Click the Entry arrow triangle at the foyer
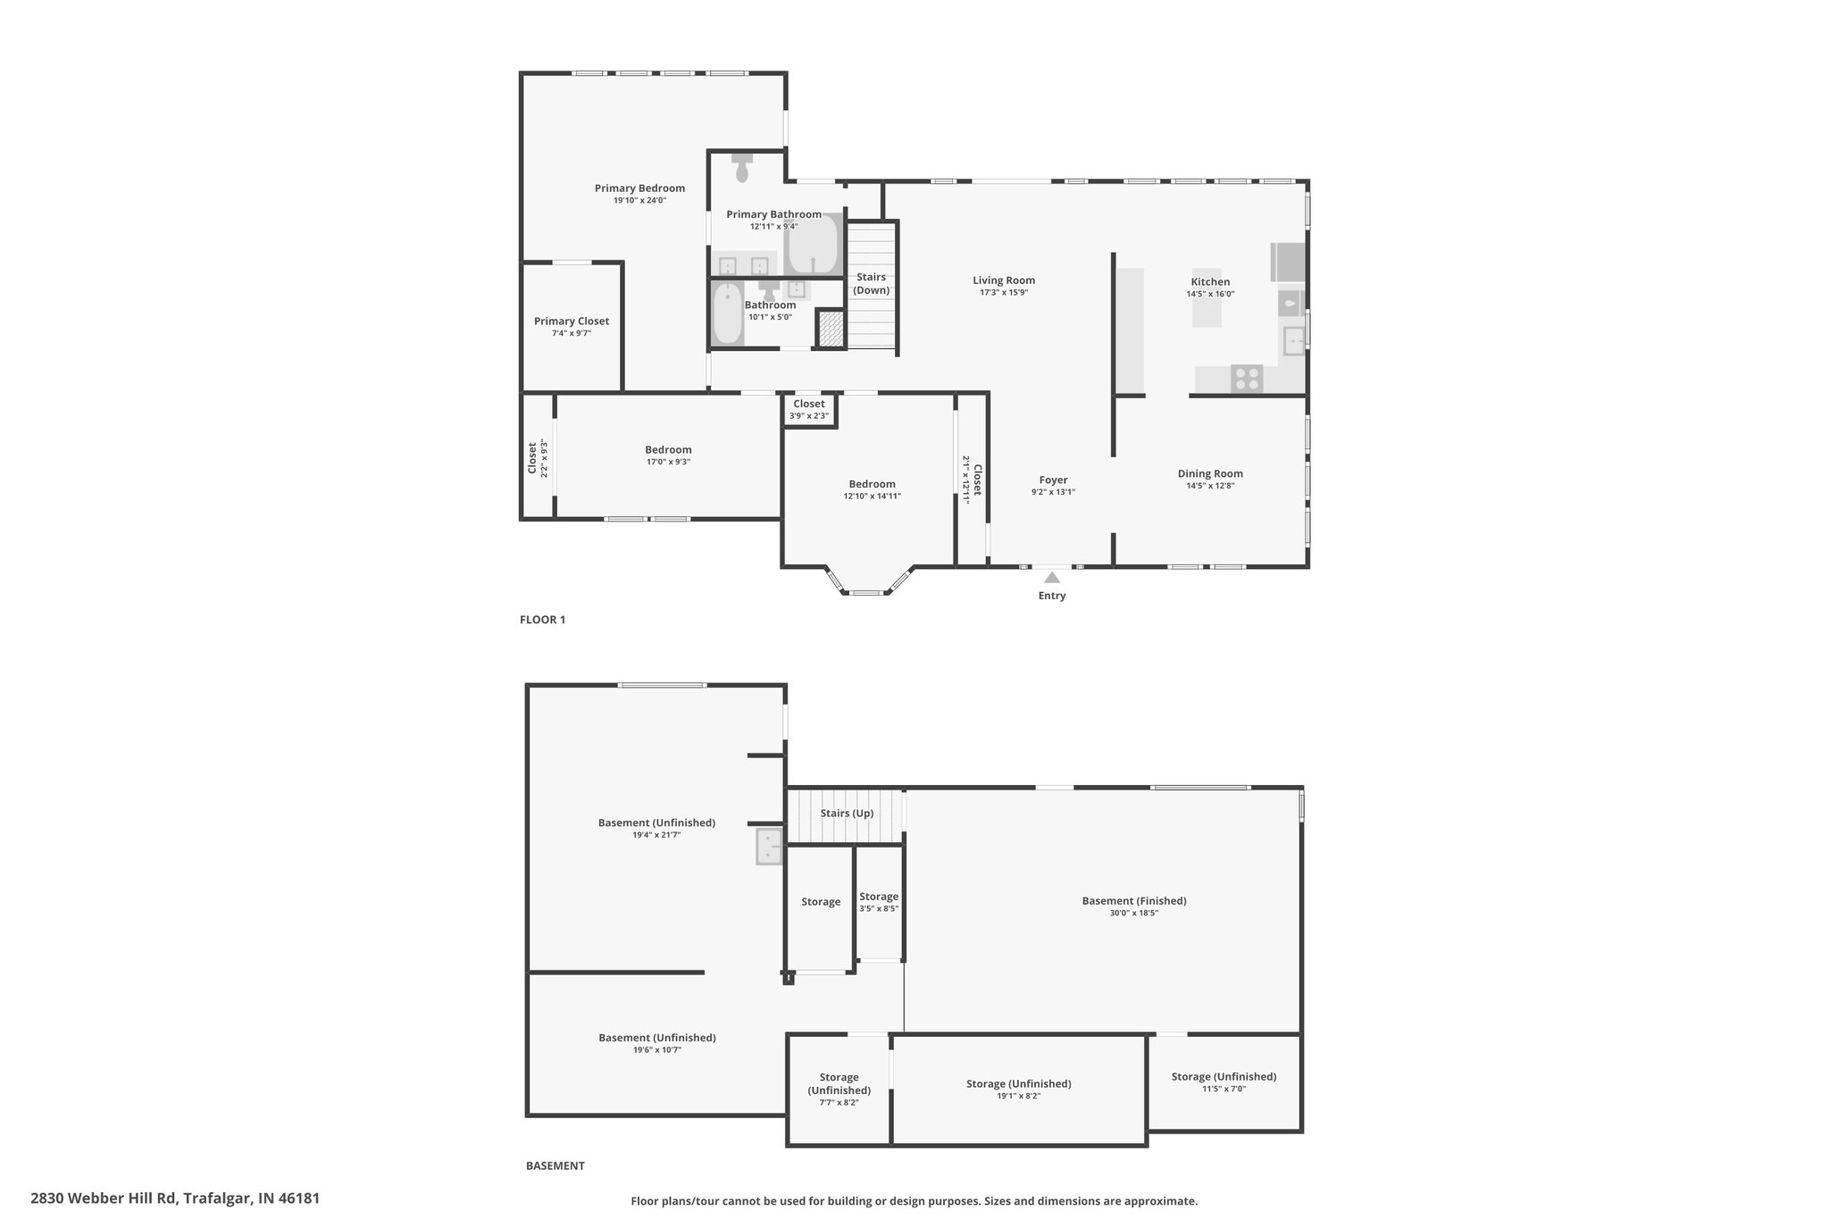(1052, 577)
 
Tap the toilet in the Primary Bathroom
(742, 167)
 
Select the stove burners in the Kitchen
(1247, 380)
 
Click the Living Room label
(1004, 280)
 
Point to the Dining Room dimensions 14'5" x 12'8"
(1210, 486)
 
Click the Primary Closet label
(572, 321)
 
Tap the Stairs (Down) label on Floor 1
(872, 284)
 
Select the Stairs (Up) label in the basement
(847, 814)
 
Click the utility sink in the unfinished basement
(769, 847)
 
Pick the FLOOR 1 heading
(543, 620)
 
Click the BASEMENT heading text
(555, 1165)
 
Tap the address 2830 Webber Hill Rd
(104, 1198)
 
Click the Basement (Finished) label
(1134, 901)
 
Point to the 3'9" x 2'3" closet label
(809, 415)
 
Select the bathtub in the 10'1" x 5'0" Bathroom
(728, 313)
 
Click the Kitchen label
(1210, 282)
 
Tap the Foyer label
(1053, 480)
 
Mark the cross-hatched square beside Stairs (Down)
(831, 328)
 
